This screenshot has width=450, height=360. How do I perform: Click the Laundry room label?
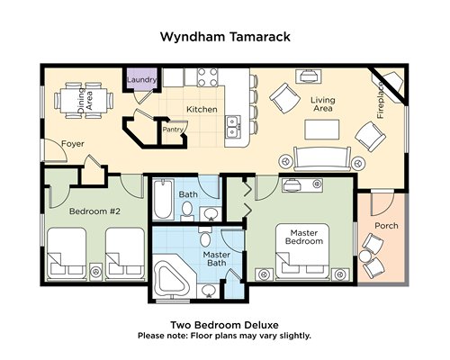(141, 80)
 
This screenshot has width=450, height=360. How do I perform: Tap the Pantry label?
(173, 130)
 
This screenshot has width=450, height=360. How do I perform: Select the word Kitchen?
(202, 109)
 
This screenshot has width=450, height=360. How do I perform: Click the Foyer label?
(73, 144)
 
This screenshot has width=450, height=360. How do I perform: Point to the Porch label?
(386, 226)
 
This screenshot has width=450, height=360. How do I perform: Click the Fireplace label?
(381, 100)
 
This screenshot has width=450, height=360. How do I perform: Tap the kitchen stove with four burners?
(208, 77)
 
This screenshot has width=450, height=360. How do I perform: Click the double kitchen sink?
(233, 127)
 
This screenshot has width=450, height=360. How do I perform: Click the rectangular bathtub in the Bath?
(164, 199)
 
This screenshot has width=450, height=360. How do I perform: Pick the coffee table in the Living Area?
(322, 130)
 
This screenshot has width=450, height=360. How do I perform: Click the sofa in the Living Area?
(322, 159)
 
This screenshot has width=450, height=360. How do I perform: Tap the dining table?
(85, 101)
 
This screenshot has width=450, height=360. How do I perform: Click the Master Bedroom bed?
(302, 250)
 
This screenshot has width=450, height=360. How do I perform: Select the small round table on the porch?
(365, 256)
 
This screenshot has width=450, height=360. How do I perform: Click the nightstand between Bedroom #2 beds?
(96, 272)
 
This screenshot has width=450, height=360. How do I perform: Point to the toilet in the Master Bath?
(205, 237)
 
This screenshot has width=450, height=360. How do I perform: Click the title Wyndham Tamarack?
(225, 37)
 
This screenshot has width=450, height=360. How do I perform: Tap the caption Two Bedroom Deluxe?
(224, 325)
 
